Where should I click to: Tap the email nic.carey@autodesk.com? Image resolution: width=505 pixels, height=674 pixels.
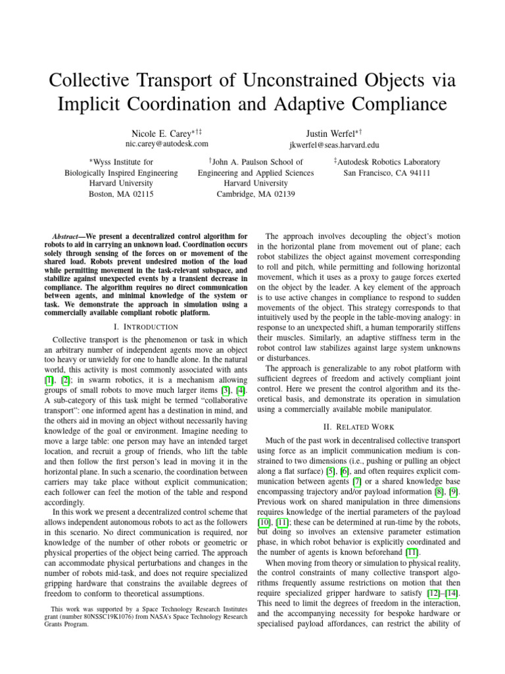click(166, 143)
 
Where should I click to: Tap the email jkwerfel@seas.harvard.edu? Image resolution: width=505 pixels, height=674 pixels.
click(334, 144)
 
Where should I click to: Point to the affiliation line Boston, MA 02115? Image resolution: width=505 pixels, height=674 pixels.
click(121, 194)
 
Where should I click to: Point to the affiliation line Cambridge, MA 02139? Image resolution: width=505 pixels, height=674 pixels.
click(256, 194)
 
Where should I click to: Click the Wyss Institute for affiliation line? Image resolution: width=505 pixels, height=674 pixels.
click(121, 162)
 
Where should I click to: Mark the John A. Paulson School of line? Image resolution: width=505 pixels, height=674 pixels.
click(256, 162)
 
